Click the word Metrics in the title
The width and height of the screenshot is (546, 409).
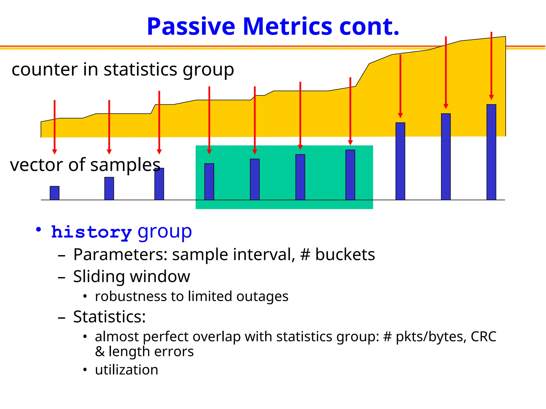[287, 27]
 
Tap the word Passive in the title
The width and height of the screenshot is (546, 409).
[191, 27]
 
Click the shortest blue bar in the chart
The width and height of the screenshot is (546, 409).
[54, 193]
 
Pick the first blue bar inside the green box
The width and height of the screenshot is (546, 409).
[209, 182]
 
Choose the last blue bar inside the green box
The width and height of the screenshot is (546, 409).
[350, 175]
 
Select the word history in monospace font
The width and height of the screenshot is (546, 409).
[91, 232]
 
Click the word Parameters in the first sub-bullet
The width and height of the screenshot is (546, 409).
[120, 255]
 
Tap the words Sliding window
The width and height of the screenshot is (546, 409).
[131, 276]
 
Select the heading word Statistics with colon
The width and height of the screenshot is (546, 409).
[109, 317]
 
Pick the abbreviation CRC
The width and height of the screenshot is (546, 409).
[483, 337]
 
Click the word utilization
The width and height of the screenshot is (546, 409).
[127, 370]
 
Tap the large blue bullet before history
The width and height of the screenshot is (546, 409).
[39, 230]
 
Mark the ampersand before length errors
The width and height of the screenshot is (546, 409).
[100, 352]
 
